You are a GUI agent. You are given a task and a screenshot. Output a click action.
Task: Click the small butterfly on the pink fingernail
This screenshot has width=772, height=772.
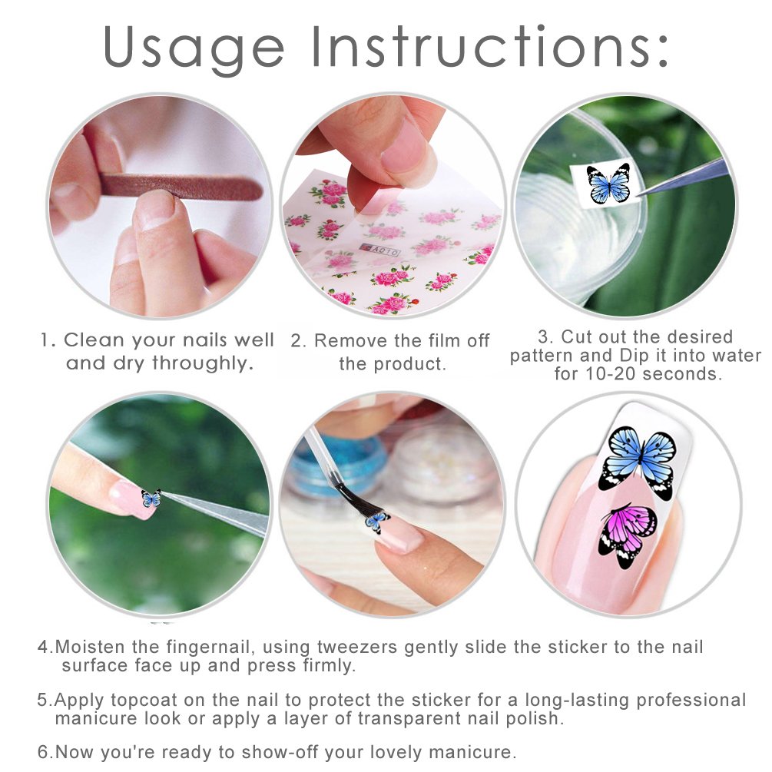(151, 499)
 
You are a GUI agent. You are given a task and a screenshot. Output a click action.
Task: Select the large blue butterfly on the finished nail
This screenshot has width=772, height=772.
(638, 459)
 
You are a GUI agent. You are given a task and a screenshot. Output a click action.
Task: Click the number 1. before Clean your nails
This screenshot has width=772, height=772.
(48, 340)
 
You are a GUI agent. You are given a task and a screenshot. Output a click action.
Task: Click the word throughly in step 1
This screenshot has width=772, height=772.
(203, 363)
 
